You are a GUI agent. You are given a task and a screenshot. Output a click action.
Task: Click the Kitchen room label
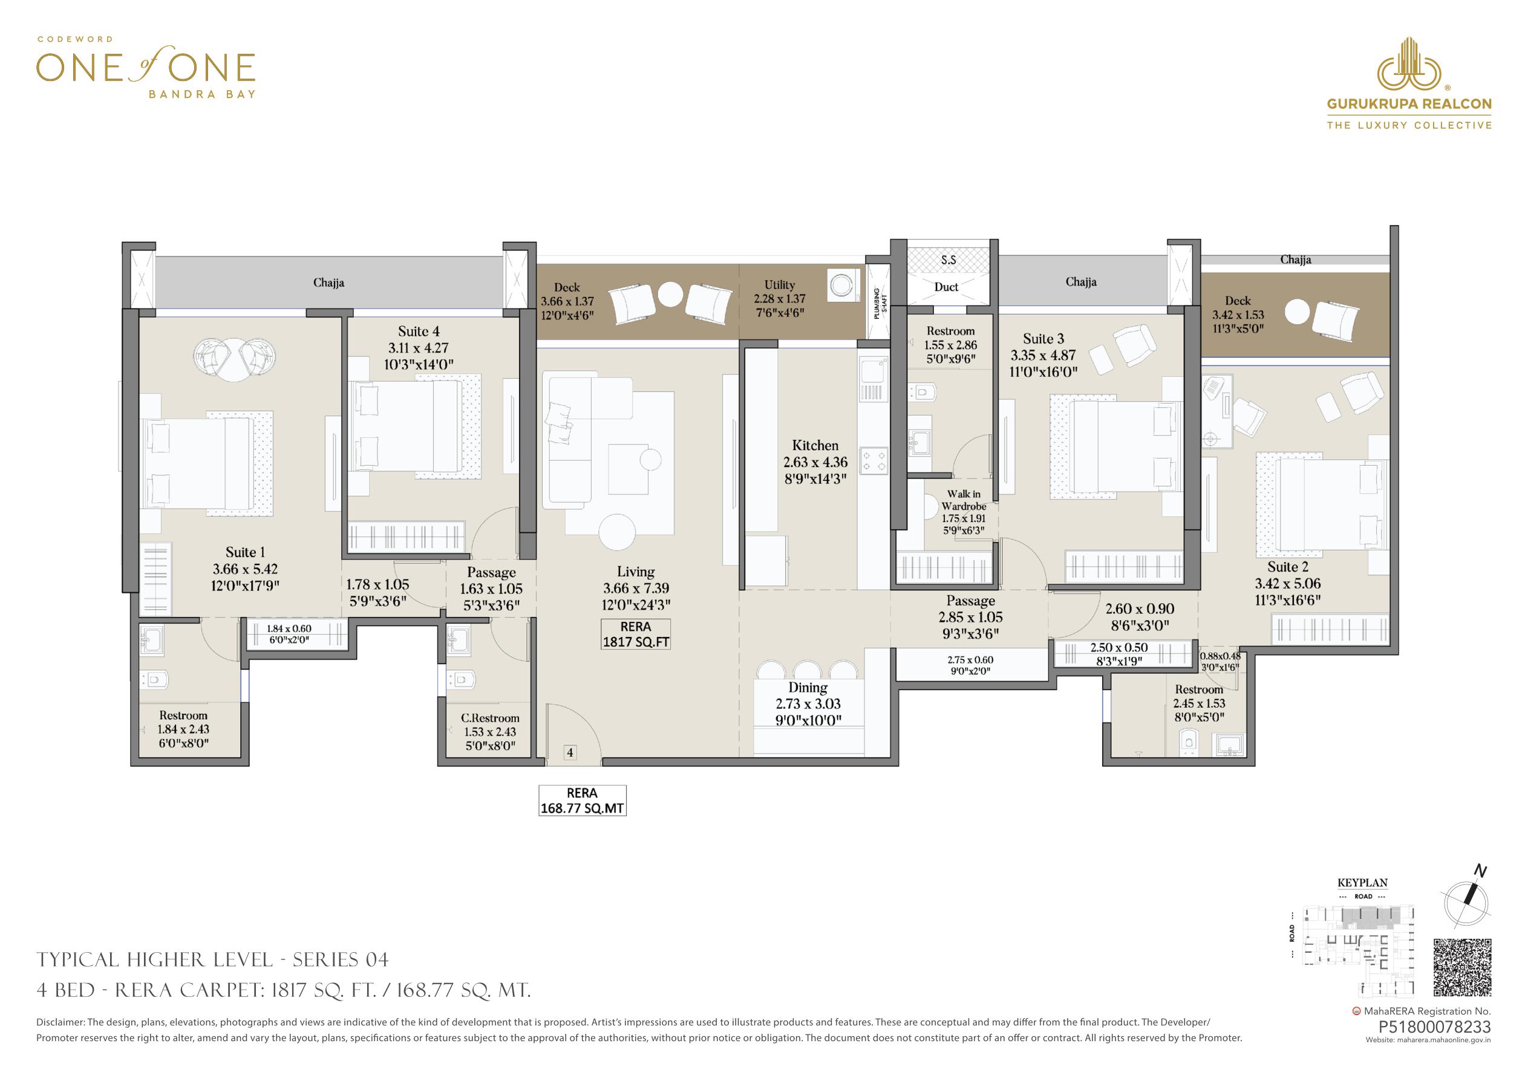coord(815,445)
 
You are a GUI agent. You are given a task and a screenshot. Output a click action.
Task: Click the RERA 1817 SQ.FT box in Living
coord(636,635)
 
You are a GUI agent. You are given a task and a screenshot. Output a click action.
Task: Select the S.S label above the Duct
coord(948,260)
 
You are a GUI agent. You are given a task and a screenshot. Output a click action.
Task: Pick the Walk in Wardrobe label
coord(964,500)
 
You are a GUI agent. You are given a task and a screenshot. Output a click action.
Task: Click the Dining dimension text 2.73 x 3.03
coord(808,704)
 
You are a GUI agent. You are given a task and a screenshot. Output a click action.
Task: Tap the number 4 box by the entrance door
coord(570,753)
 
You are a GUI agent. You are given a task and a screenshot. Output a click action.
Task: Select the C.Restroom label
coord(491,718)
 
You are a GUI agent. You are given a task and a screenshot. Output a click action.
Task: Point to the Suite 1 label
coord(245,552)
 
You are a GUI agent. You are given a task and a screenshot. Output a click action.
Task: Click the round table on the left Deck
coord(670,295)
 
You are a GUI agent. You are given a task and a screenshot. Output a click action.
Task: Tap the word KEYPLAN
coord(1362,883)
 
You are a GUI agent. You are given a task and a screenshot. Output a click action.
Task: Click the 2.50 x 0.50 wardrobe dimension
coord(1119,648)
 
